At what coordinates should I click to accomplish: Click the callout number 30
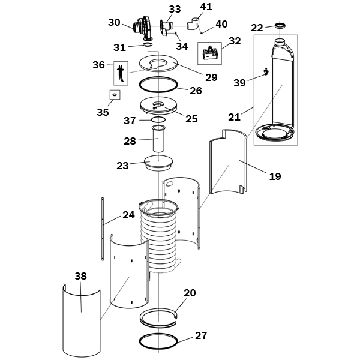(x=114, y=23)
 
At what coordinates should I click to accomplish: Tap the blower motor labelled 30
(x=143, y=28)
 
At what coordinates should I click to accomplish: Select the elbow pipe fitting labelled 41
(x=194, y=23)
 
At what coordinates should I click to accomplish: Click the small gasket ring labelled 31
(x=148, y=44)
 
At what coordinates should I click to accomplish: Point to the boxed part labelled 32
(x=209, y=53)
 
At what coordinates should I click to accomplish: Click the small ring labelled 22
(x=280, y=25)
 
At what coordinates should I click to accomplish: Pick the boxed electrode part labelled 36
(x=121, y=73)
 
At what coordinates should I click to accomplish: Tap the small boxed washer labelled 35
(x=115, y=95)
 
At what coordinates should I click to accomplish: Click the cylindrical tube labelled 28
(x=158, y=139)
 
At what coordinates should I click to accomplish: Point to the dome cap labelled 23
(x=158, y=163)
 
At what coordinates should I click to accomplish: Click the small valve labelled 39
(x=266, y=71)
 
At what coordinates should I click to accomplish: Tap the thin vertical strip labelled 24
(x=103, y=229)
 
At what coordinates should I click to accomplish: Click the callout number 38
(x=80, y=276)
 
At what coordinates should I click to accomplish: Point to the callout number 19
(x=275, y=176)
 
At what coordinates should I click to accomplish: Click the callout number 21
(x=234, y=117)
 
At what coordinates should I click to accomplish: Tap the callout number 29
(x=211, y=77)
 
